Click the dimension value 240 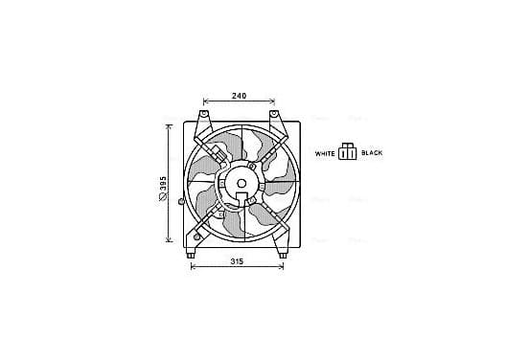point(239,96)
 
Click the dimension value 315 point(237,261)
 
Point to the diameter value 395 point(163,184)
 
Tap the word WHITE point(325,154)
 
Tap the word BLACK point(372,153)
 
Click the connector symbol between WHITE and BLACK point(348,151)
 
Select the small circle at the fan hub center point(241,184)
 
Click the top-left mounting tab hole point(204,113)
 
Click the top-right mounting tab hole point(274,113)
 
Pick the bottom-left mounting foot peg point(191,256)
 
